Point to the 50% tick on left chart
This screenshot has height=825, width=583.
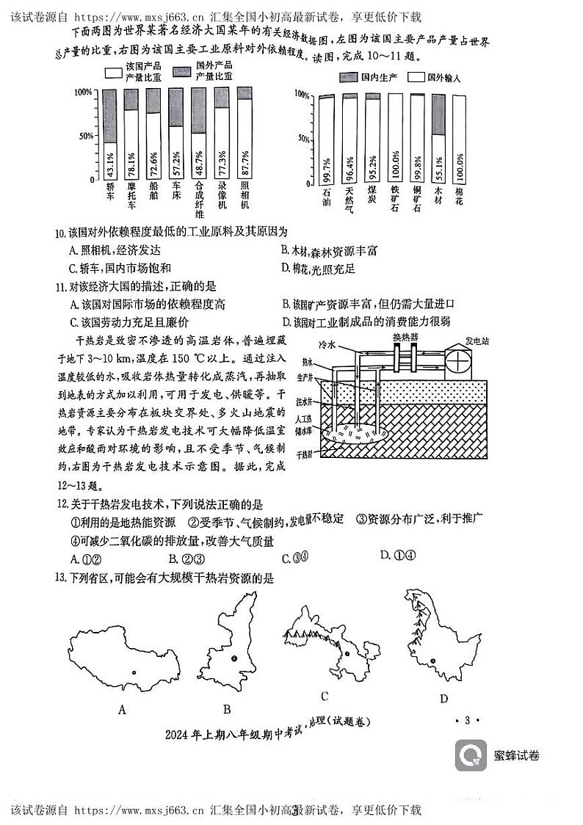87,136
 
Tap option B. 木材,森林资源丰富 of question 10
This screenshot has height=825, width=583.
329,251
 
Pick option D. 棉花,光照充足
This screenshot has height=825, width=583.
318,269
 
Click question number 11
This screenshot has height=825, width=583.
61,286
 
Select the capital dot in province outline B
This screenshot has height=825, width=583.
233,659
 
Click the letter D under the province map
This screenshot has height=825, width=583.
443,699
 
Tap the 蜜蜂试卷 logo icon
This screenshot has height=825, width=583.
471,755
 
